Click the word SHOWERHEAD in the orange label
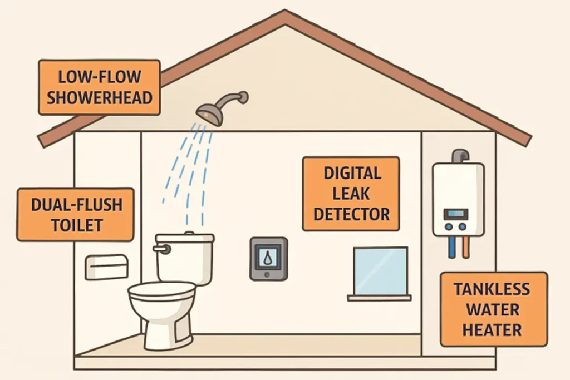(x=100, y=98)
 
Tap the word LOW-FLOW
(x=100, y=77)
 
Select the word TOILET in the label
(x=77, y=225)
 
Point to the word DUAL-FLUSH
(x=77, y=205)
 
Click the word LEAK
(x=351, y=194)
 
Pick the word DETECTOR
(x=351, y=214)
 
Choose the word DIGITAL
(x=352, y=173)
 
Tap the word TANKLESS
(x=492, y=289)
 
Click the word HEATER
(x=492, y=330)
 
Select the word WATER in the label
(x=493, y=310)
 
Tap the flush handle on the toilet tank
(x=162, y=249)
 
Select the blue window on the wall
(x=380, y=271)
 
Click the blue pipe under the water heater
(x=451, y=247)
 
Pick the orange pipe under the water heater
(x=465, y=247)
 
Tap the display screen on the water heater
(x=455, y=213)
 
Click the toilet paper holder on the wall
(x=106, y=267)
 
